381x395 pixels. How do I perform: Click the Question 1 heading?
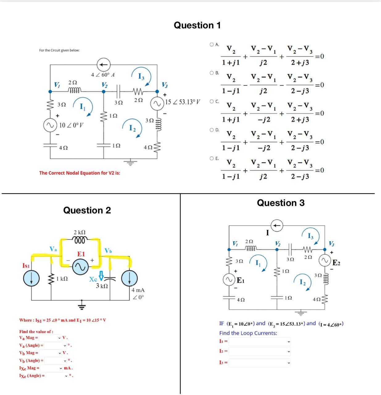(197, 25)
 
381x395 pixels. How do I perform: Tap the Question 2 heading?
(87, 210)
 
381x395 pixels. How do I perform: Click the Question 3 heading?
(280, 203)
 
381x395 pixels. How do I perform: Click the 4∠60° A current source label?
(103, 75)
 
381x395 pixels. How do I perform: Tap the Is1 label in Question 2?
(26, 265)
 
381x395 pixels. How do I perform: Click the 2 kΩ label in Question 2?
(80, 232)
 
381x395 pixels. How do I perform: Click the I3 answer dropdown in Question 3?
(259, 363)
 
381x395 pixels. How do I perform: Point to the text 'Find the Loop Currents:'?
(248, 333)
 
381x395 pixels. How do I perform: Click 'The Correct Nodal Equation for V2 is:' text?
(80, 173)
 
